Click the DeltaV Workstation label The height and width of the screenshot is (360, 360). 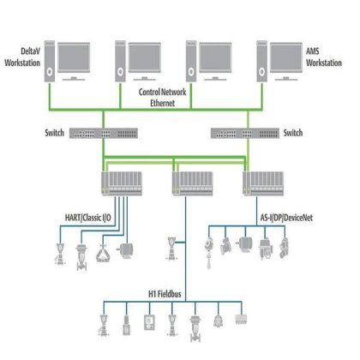[x=23, y=58]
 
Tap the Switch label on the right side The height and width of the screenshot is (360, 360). [x=293, y=134]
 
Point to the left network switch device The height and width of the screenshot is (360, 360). [x=99, y=134]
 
